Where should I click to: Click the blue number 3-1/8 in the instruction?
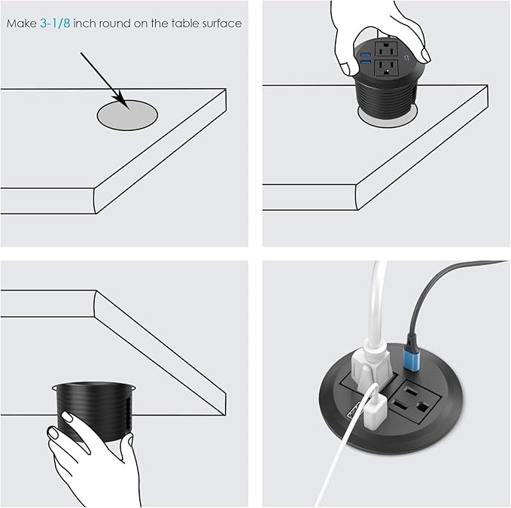pos(55,23)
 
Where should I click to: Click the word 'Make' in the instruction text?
pos(21,23)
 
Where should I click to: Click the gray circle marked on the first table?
pos(127,115)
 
